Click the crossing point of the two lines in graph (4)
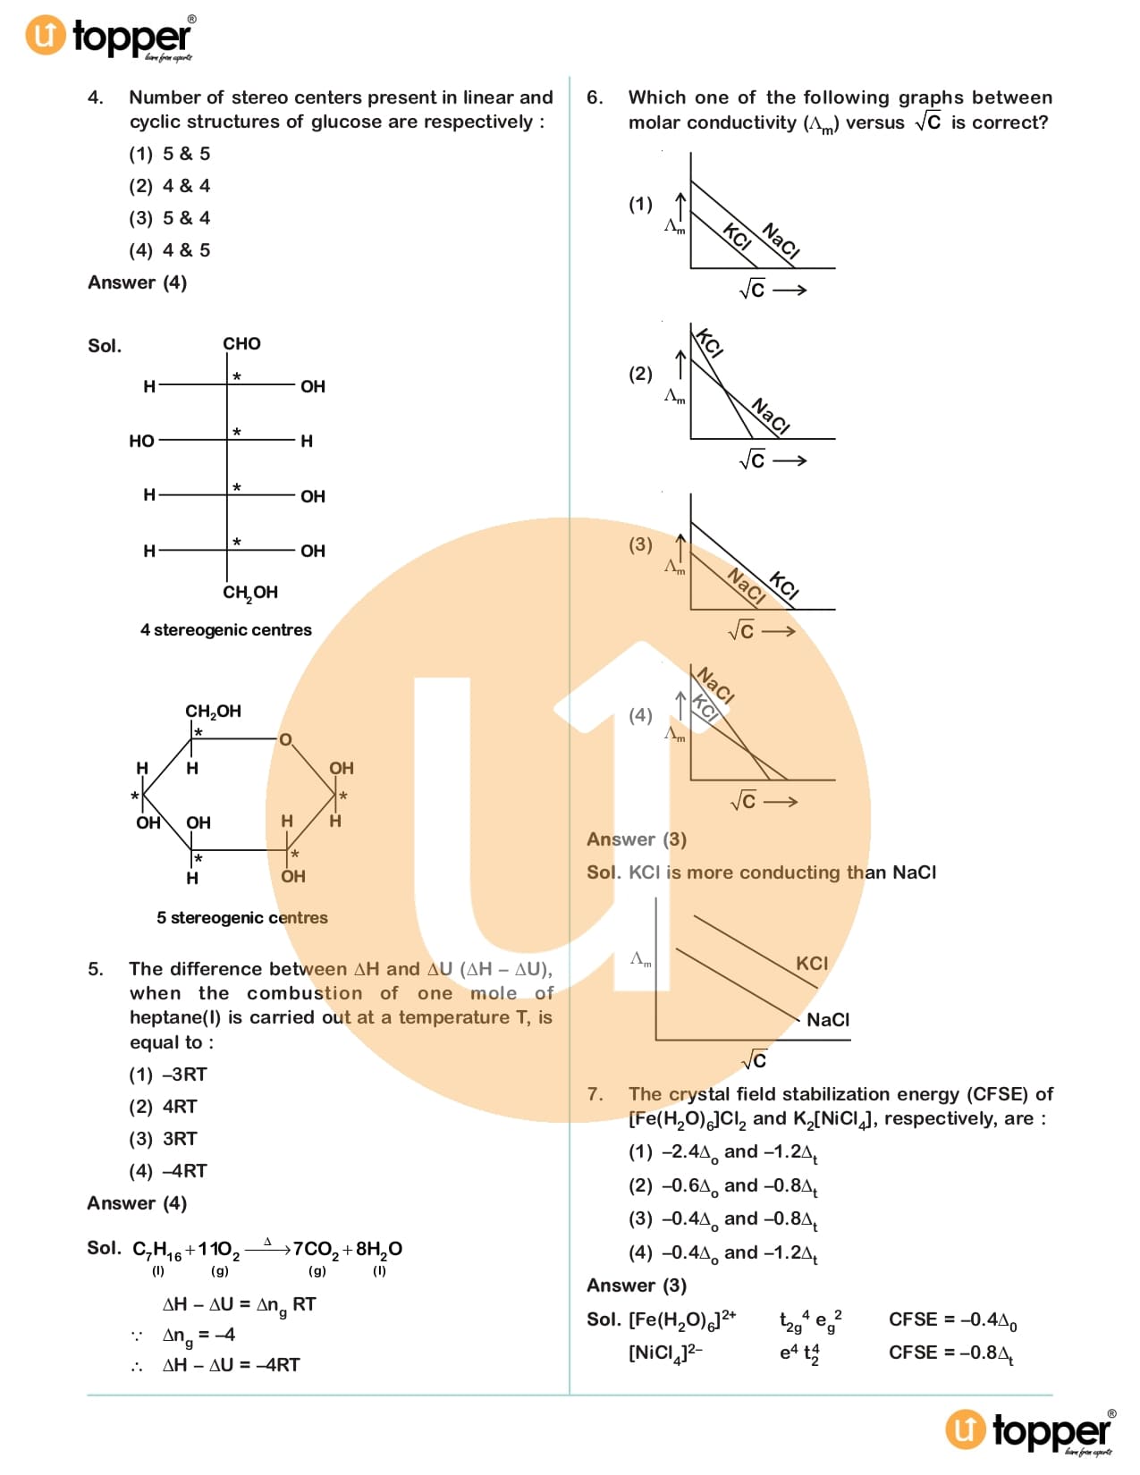click(750, 752)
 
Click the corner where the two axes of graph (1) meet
click(690, 268)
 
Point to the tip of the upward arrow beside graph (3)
click(680, 534)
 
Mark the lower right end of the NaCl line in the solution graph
click(800, 1020)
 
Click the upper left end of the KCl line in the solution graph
click(694, 916)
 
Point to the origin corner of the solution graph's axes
click(656, 1040)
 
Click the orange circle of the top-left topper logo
click(46, 35)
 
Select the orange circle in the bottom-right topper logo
click(965, 1429)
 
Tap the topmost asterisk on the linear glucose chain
click(237, 376)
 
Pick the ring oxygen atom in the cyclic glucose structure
click(286, 739)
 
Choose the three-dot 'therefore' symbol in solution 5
click(137, 1367)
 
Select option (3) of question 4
click(170, 218)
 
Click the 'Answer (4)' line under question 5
click(137, 1203)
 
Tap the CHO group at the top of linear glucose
click(241, 343)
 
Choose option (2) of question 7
click(723, 1186)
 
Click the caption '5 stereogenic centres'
click(242, 918)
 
